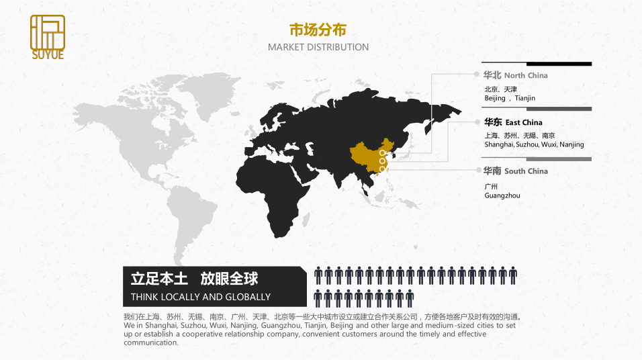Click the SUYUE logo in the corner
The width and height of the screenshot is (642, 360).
click(48, 37)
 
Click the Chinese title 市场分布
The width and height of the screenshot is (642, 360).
click(318, 30)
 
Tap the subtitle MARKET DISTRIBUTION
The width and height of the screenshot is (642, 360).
click(318, 47)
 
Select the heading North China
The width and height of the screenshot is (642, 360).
click(526, 75)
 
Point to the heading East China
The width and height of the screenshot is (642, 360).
click(524, 122)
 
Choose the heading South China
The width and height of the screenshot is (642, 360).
click(526, 171)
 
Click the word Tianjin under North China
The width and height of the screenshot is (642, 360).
click(525, 98)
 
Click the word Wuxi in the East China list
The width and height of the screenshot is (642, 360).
click(549, 144)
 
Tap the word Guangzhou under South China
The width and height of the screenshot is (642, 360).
click(502, 195)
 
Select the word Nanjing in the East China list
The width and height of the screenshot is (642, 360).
click(571, 144)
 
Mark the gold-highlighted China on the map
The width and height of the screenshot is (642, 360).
click(366, 158)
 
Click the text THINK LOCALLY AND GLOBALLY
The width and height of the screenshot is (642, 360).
click(201, 297)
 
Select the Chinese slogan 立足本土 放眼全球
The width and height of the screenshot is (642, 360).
click(194, 278)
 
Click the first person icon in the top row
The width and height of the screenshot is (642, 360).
click(319, 275)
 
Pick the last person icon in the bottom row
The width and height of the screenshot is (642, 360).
click(410, 298)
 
